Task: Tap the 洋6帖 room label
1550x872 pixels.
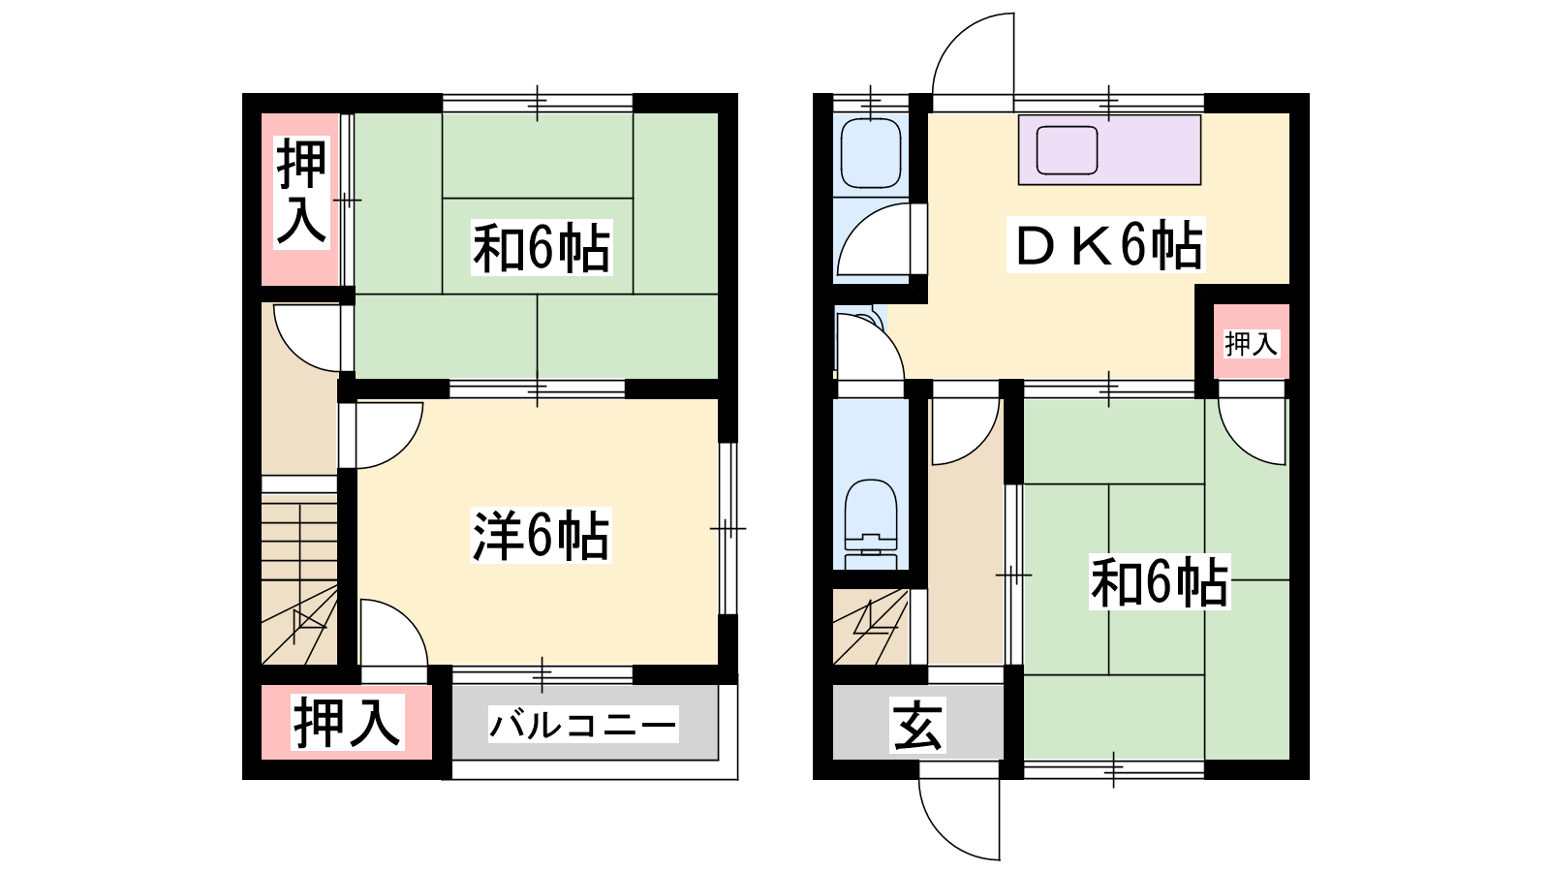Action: pos(541,536)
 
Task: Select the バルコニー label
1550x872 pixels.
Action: pos(582,725)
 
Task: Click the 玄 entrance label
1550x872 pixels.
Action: pos(917,728)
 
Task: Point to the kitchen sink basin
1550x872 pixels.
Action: pos(1067,150)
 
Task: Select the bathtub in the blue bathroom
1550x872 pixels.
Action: pos(871,153)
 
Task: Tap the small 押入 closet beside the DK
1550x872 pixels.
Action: pos(1251,343)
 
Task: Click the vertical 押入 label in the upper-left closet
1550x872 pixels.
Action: pos(301,193)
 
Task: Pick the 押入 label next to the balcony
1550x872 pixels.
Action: pos(348,723)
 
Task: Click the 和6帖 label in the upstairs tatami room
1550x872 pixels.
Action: pos(542,248)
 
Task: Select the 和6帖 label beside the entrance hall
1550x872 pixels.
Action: pos(1160,582)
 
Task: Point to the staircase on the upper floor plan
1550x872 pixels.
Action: pos(299,582)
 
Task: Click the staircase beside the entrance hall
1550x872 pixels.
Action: pos(871,626)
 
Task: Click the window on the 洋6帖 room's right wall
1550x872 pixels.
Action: pos(728,528)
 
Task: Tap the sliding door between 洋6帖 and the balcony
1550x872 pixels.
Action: pos(542,674)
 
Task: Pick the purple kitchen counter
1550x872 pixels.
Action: pos(1109,150)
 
